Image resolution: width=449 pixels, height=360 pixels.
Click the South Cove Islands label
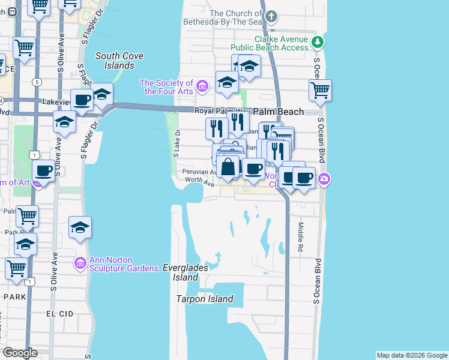tap(119, 61)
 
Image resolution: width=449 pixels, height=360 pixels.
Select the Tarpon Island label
tap(204, 299)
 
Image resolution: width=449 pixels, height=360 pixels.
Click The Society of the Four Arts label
tap(166, 87)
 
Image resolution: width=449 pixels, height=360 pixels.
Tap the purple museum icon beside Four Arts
tap(202, 87)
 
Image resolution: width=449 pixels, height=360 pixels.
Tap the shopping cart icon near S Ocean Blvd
tap(321, 91)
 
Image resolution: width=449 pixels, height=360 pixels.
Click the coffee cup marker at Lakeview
tap(82, 100)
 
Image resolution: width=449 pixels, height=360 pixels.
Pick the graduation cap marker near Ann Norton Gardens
tap(80, 227)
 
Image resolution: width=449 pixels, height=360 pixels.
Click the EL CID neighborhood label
tap(59, 314)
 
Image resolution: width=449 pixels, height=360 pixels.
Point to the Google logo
tap(20, 353)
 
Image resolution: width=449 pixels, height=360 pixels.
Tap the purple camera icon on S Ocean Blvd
tap(324, 178)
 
